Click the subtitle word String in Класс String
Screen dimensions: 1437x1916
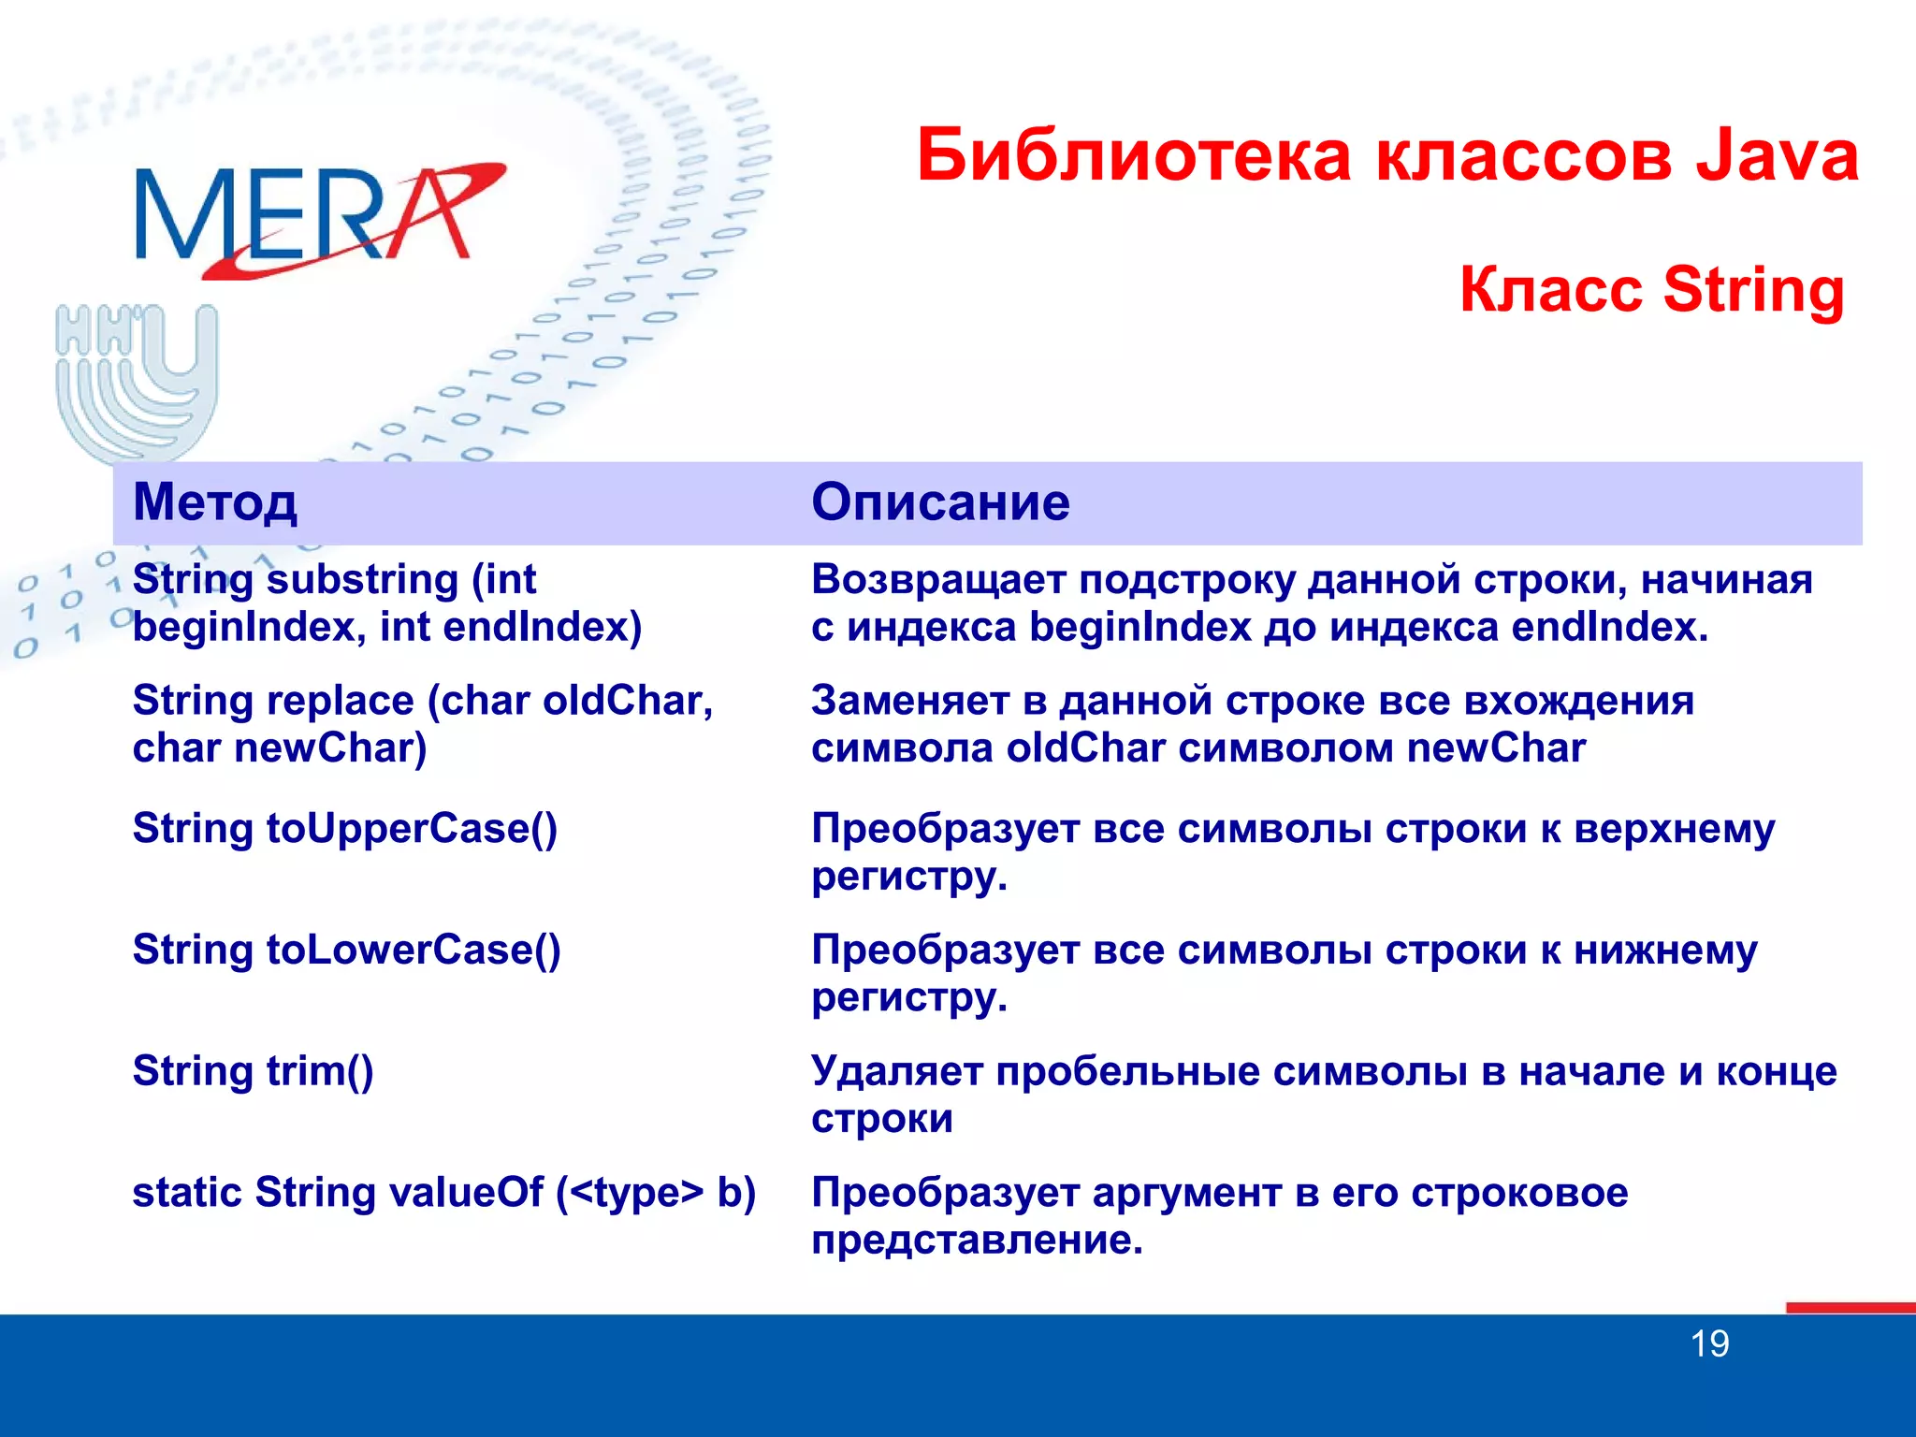[x=1752, y=290]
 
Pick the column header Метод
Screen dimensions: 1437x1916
[x=215, y=502]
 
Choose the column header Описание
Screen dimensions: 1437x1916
[x=939, y=502]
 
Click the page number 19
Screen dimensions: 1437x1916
[x=1709, y=1344]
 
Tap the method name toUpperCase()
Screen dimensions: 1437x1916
[x=412, y=829]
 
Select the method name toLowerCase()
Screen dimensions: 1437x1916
[x=414, y=951]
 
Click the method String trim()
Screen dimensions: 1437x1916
[x=254, y=1072]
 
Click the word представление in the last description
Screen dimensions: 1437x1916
[x=977, y=1241]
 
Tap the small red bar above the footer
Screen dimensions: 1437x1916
[x=1850, y=1307]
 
